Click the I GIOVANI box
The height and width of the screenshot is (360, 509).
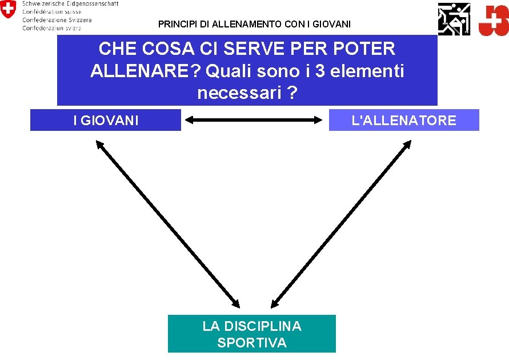(106, 121)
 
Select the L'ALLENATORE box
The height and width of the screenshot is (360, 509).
(404, 121)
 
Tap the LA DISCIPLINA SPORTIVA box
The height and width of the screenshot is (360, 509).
(251, 334)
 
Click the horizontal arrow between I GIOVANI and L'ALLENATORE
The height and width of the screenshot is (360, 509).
(254, 120)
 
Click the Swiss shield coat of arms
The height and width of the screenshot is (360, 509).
(8, 10)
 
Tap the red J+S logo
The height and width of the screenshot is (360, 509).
(492, 20)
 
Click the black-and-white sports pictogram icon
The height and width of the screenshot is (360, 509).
(454, 18)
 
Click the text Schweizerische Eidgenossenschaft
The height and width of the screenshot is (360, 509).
(70, 3)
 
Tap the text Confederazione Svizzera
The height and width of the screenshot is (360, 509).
(57, 19)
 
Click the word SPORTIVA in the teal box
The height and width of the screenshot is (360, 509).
(252, 343)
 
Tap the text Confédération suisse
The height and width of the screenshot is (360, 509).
(52, 11)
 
